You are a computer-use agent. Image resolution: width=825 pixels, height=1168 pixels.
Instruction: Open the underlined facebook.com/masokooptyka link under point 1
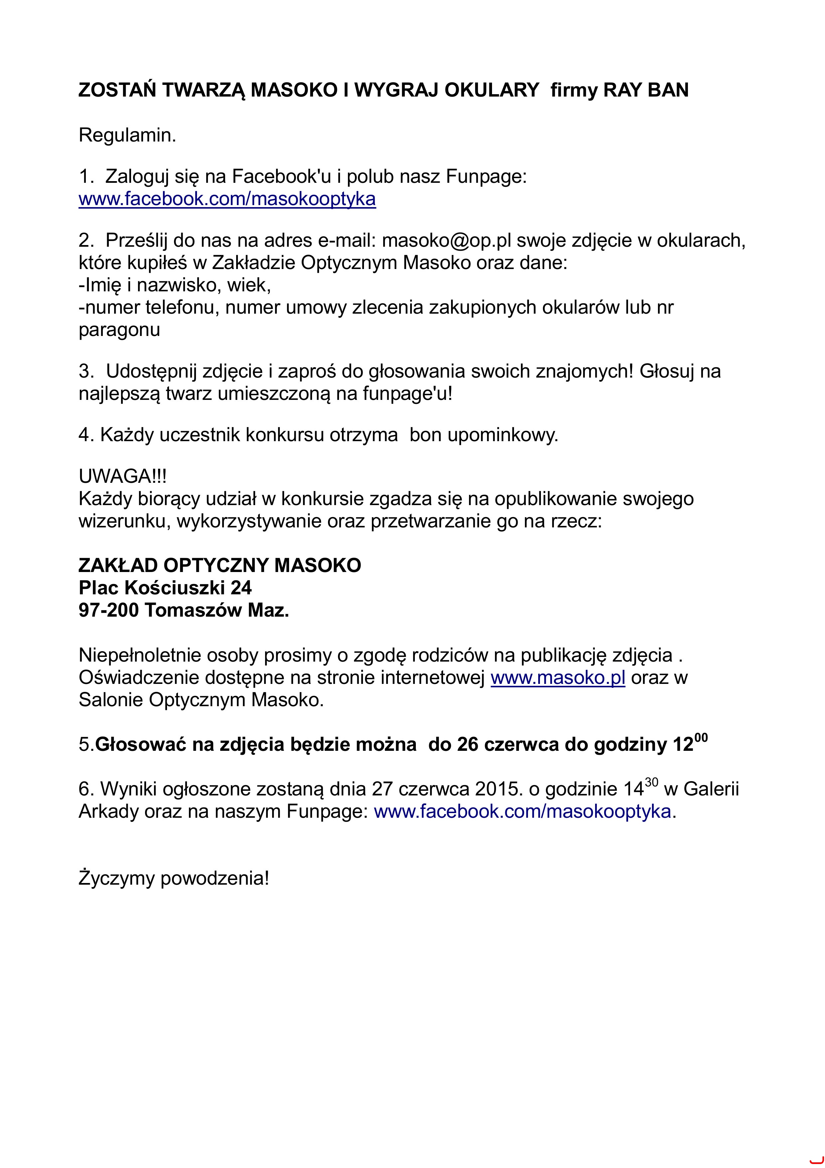[x=227, y=199]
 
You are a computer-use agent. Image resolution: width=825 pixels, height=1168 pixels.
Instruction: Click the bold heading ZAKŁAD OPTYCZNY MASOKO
[x=220, y=565]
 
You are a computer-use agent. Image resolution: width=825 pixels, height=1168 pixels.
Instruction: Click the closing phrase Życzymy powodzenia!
[x=174, y=878]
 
